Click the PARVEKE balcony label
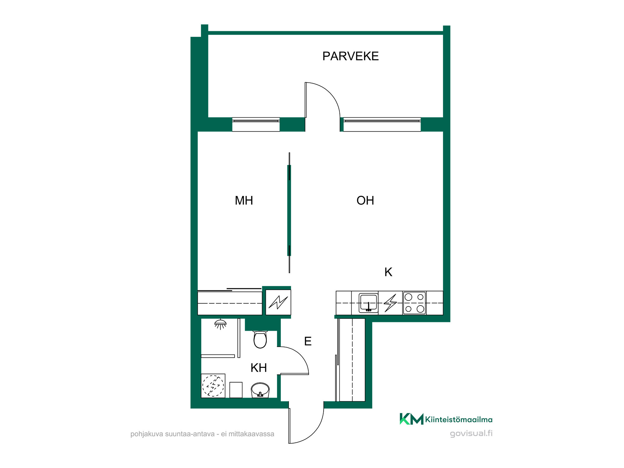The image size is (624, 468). click(350, 56)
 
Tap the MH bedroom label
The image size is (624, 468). click(244, 201)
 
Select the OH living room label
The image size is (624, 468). click(365, 201)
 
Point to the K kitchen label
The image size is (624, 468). click(388, 272)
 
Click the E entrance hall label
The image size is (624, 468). click(308, 341)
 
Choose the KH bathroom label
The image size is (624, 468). click(259, 368)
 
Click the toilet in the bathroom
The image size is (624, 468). click(260, 339)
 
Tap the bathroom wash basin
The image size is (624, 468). click(260, 390)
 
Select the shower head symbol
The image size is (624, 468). click(220, 324)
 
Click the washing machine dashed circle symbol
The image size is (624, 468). click(213, 386)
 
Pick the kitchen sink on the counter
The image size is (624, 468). click(368, 303)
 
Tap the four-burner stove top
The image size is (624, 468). click(414, 303)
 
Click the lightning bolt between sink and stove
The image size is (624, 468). click(390, 303)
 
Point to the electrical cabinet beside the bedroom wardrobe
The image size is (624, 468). click(278, 302)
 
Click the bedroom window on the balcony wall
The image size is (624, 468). click(256, 124)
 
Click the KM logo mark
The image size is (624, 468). click(411, 419)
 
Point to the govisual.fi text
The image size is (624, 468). click(471, 434)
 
